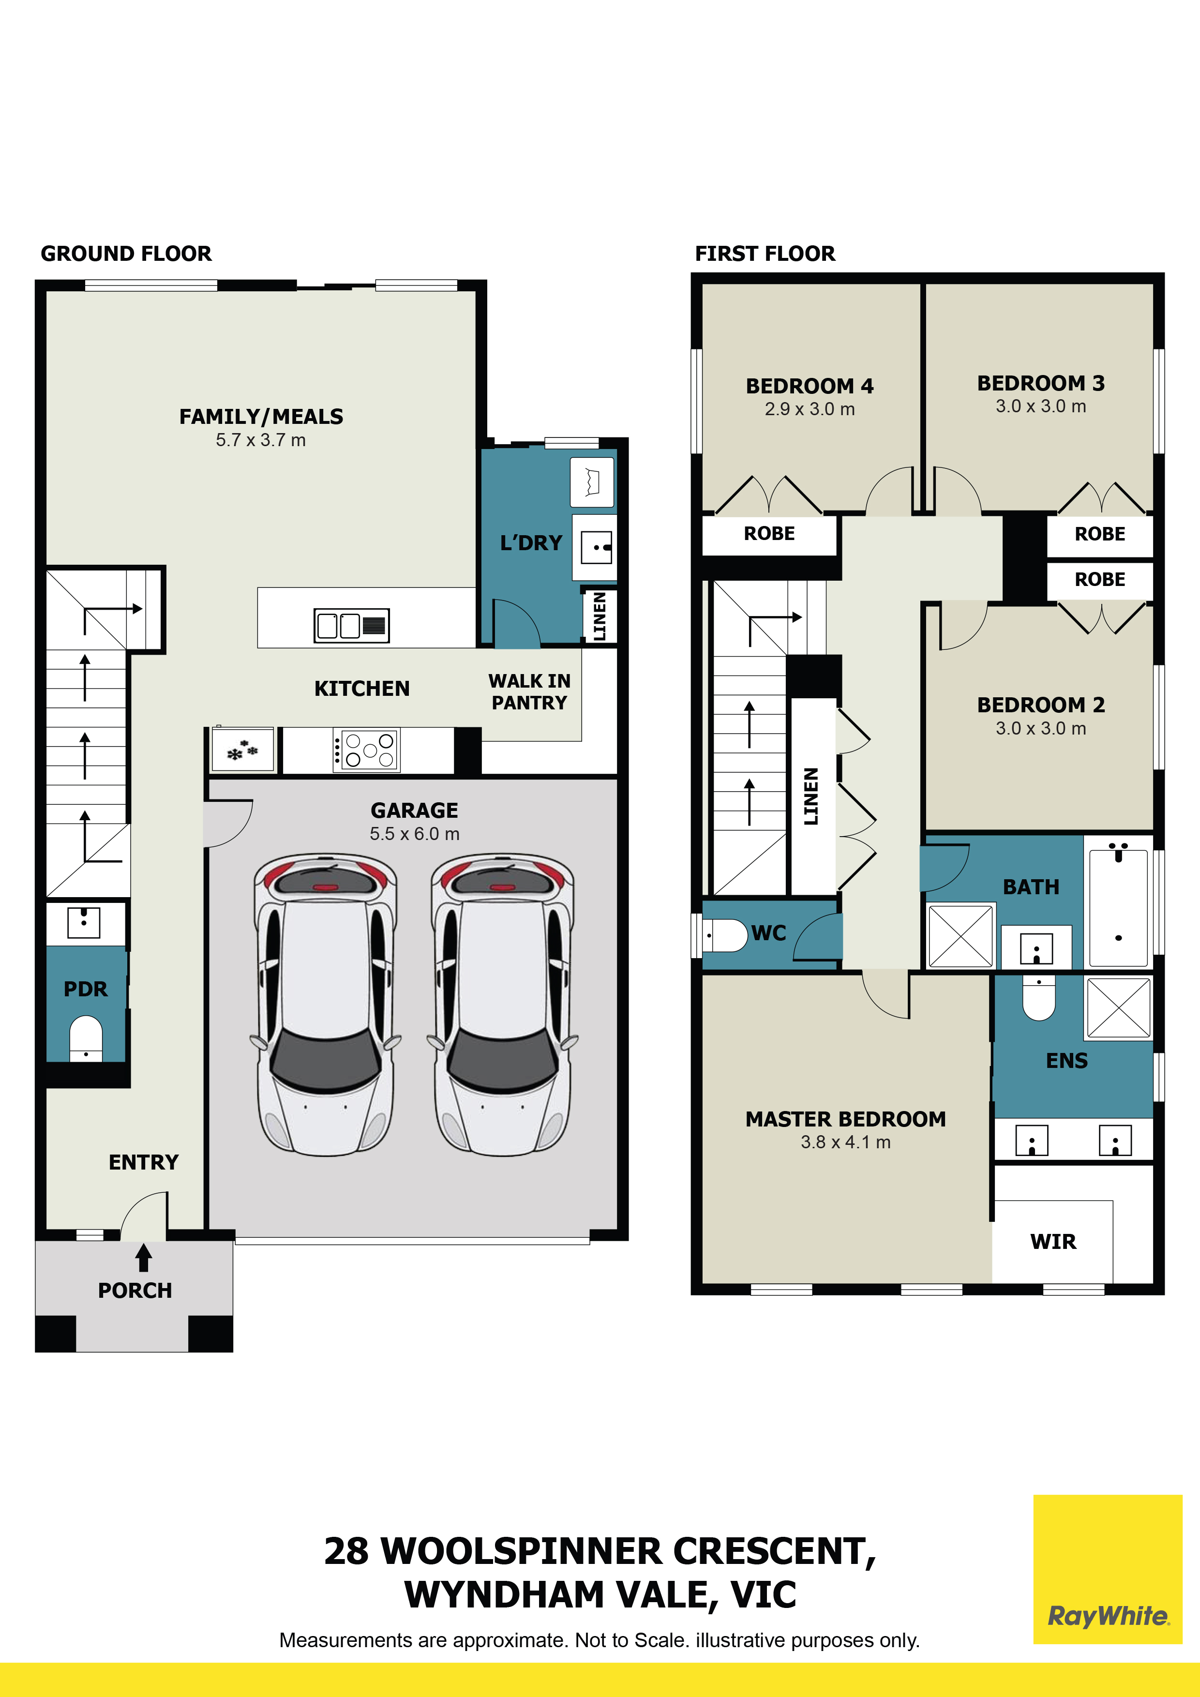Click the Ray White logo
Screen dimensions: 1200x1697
(1108, 1616)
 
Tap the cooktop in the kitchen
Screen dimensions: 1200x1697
(366, 750)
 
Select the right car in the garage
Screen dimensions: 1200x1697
(502, 1004)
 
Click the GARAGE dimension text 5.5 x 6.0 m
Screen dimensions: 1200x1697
(415, 834)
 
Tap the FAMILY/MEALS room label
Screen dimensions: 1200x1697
(262, 417)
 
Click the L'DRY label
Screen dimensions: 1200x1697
(531, 543)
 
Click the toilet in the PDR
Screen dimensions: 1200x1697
(86, 1038)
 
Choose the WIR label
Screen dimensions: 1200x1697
(1053, 1242)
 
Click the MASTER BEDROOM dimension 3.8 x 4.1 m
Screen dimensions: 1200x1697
(846, 1142)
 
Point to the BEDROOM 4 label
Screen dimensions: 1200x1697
(810, 386)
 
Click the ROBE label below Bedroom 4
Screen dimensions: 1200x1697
(769, 534)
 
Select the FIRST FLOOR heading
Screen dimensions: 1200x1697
(765, 254)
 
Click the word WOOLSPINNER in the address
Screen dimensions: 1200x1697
(523, 1551)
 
